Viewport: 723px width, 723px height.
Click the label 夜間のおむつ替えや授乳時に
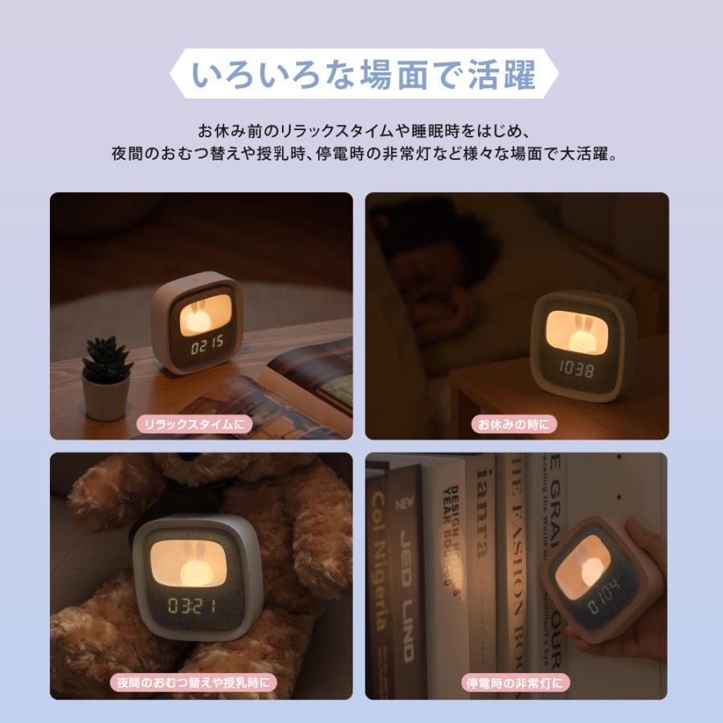pos(193,683)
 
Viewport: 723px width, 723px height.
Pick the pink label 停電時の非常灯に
pos(517,683)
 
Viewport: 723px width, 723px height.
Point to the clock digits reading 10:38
pos(575,370)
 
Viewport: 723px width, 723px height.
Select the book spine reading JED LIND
pos(407,578)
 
